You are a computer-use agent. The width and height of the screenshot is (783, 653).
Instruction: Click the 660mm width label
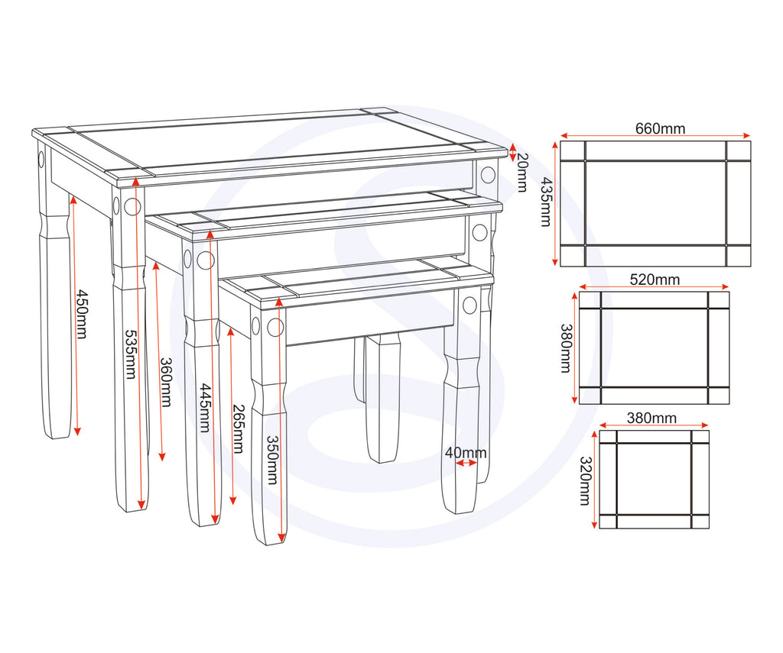[660, 128]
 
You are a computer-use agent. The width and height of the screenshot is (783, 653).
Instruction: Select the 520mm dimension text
[654, 280]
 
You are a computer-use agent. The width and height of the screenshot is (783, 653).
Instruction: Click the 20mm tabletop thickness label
[523, 172]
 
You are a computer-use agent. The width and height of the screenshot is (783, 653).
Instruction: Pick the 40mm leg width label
[465, 452]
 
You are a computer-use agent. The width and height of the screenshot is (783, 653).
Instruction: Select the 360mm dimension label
[166, 382]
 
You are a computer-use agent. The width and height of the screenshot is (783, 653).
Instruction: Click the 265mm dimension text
[237, 428]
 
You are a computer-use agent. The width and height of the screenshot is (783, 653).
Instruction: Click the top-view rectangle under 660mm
[656, 203]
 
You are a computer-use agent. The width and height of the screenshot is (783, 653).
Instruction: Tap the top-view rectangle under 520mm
[655, 348]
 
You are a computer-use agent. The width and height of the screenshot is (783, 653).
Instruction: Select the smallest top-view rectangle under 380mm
[655, 480]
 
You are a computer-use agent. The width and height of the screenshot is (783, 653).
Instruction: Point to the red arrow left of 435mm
[555, 204]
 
